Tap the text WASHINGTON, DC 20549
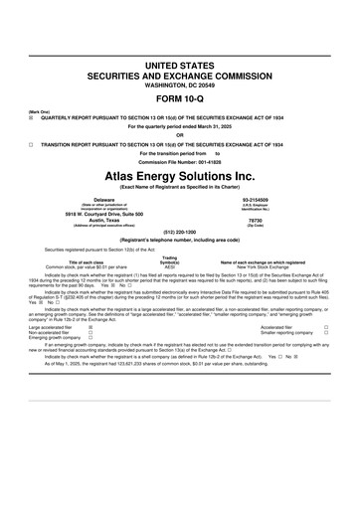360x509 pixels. point(180,85)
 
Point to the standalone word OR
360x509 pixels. point(180,134)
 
